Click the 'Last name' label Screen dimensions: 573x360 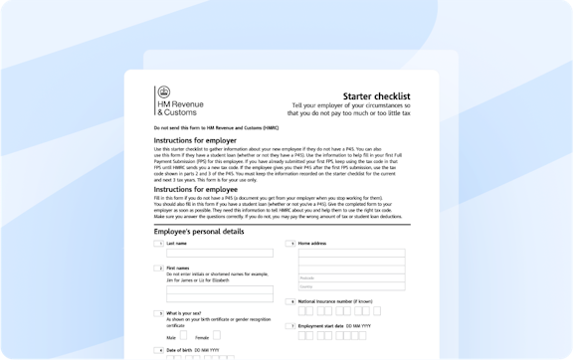coord(178,243)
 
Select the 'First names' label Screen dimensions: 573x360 coord(179,268)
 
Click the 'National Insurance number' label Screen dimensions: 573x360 coord(337,300)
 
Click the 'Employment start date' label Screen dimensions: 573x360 coord(329,325)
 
